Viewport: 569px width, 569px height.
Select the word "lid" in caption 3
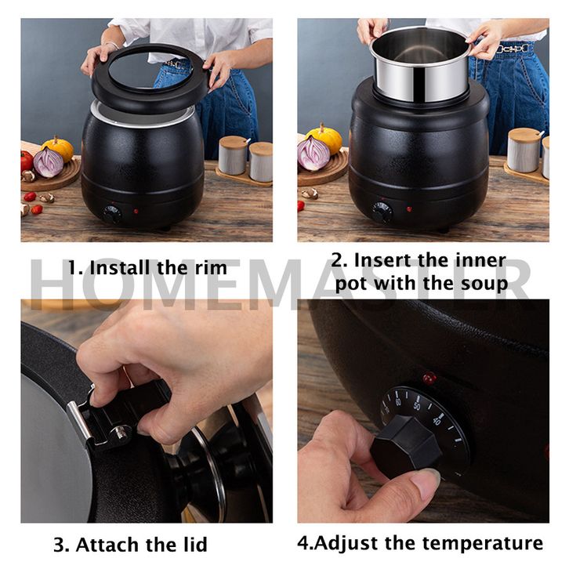[194, 545]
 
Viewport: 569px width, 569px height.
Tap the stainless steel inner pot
[420, 65]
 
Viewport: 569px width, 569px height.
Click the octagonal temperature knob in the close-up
[407, 446]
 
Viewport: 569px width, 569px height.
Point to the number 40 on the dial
[437, 421]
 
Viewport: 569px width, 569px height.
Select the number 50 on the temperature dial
[417, 406]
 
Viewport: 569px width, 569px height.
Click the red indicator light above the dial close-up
[429, 378]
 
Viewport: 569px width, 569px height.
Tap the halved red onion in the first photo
[49, 162]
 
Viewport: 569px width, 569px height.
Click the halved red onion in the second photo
[313, 153]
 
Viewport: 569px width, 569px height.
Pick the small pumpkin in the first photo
[58, 148]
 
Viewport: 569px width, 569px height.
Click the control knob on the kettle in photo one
[112, 215]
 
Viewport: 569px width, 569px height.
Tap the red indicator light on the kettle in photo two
[409, 209]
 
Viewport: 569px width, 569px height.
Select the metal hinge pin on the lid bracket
[121, 433]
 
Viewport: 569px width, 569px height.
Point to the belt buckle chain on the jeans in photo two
[514, 49]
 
